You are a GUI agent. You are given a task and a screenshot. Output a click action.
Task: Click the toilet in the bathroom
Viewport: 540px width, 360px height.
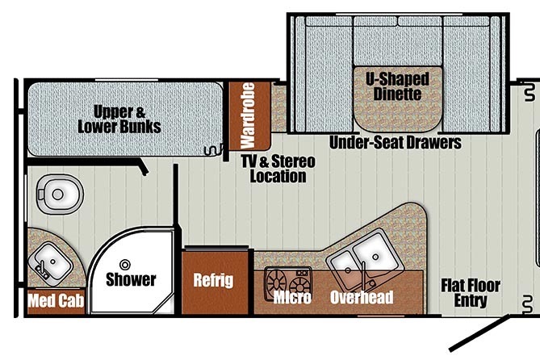point(60,195)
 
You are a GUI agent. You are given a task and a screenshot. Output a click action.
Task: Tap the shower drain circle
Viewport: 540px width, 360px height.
point(124,265)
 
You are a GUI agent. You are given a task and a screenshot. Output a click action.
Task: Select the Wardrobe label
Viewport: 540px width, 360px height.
point(248,115)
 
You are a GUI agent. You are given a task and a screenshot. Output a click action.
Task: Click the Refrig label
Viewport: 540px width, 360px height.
point(213,280)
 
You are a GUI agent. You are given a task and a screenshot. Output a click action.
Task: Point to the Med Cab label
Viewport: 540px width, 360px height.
point(57,300)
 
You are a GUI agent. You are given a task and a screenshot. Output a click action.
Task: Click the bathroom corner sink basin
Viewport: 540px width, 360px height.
point(51,263)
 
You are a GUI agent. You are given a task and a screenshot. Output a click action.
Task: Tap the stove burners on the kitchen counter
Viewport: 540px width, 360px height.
point(288,282)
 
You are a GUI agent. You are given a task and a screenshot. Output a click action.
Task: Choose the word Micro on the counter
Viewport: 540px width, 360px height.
point(292,297)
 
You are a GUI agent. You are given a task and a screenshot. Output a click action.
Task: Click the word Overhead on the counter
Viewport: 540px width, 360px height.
point(362,297)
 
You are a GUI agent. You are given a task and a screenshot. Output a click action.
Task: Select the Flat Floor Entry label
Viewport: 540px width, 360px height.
point(471,293)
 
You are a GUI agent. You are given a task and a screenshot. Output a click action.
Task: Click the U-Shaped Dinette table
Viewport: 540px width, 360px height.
point(398,98)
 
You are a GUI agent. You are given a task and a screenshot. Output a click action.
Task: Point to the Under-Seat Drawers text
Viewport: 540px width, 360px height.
point(396,142)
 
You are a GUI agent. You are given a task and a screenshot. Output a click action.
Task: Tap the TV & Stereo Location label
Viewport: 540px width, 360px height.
point(278,169)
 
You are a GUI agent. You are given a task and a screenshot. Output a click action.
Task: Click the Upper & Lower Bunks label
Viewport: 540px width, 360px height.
point(119,119)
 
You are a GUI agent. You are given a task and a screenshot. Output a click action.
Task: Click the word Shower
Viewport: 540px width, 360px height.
point(131,279)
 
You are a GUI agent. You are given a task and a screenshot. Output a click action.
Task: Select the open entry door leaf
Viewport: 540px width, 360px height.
point(479,333)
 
